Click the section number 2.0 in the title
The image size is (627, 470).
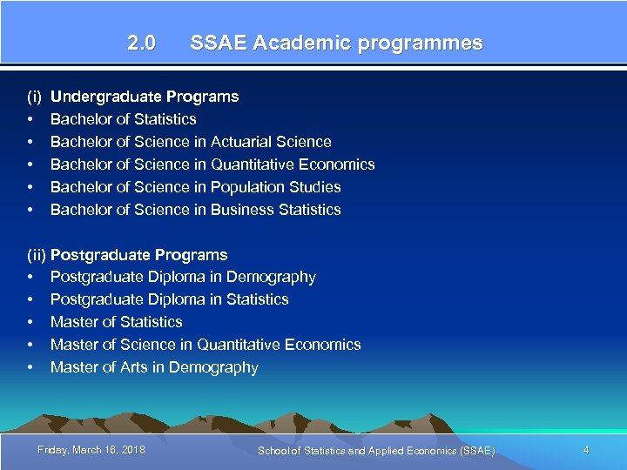[141, 44]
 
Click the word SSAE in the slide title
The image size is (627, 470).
[218, 44]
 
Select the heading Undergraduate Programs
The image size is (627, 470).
[145, 97]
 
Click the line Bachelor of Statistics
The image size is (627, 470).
[124, 119]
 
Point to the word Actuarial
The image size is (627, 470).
[242, 142]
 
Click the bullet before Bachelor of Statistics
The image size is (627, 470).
[30, 119]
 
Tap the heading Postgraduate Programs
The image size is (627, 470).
[139, 255]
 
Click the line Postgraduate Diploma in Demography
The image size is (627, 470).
[183, 277]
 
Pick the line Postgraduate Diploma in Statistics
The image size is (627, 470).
[170, 299]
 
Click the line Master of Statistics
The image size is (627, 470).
[117, 322]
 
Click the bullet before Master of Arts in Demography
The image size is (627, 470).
[30, 367]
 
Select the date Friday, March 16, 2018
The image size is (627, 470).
[91, 449]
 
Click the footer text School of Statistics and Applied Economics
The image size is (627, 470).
[376, 450]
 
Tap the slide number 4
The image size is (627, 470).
[586, 449]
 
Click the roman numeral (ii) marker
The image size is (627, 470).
[37, 255]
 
